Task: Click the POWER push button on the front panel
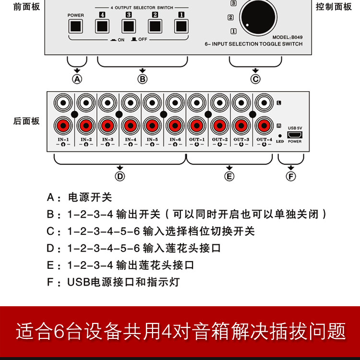75,26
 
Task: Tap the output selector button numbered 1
181,26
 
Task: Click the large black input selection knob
258,18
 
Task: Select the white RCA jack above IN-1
63,103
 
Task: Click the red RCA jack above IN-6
175,126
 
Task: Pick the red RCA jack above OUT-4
264,126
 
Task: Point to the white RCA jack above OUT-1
197,103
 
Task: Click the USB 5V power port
295,135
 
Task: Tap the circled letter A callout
77,79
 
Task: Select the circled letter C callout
255,79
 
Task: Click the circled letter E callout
229,177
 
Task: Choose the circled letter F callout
291,177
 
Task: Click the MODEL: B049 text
288,37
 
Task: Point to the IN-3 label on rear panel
108,139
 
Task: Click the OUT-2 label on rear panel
220,139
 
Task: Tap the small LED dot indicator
280,136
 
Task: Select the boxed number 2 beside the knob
230,17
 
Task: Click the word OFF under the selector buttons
143,39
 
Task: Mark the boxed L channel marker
279,103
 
